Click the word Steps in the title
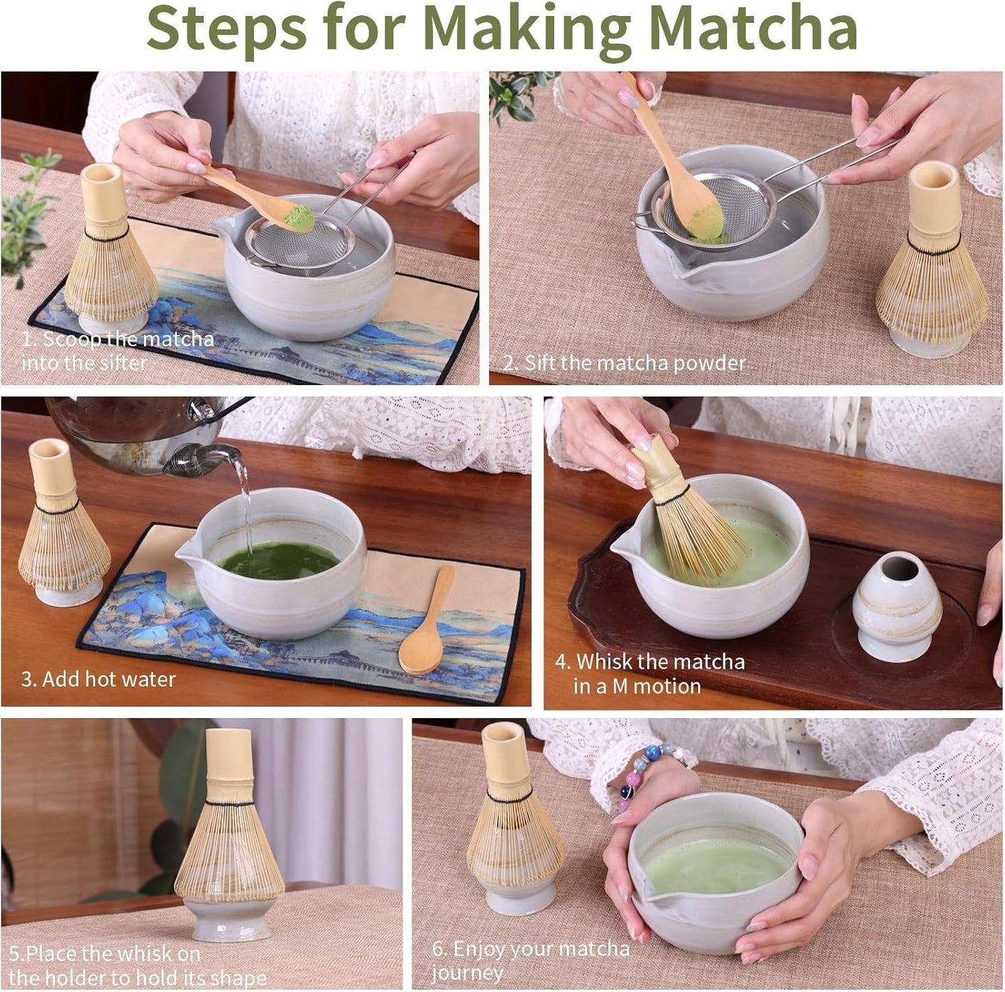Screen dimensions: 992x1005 tap(226, 28)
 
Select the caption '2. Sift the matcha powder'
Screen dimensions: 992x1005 tap(624, 363)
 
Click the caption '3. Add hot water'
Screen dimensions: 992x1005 tap(98, 679)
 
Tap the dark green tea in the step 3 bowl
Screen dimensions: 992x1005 tap(278, 560)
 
